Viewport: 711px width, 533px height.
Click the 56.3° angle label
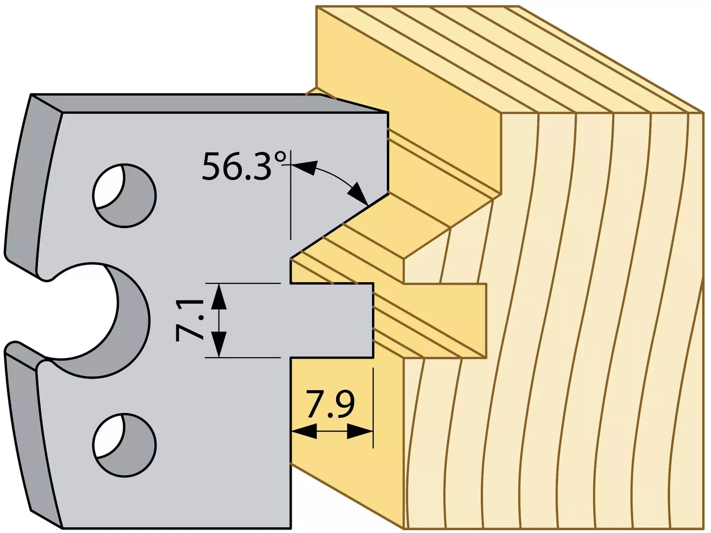coord(245,166)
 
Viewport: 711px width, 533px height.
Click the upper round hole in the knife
coord(124,195)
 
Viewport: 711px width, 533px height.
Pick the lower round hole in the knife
coord(124,445)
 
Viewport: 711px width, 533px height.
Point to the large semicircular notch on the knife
coord(129,320)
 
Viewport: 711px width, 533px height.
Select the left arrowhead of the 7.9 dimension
coord(304,431)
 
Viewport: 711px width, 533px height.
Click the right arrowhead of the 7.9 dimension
coord(360,431)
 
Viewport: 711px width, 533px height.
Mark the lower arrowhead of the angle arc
coord(358,194)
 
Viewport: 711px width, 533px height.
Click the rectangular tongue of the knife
coord(332,321)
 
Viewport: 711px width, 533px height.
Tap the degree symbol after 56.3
coord(280,157)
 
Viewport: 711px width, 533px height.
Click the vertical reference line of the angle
coord(291,195)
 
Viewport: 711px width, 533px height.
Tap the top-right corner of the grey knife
coord(388,113)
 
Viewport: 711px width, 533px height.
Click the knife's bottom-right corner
coord(291,528)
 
